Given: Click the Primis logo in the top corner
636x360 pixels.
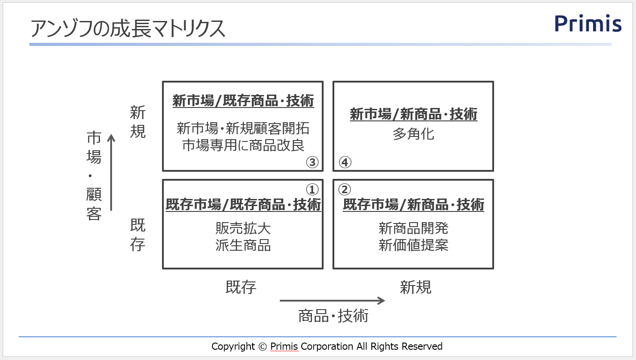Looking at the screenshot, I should coord(588,24).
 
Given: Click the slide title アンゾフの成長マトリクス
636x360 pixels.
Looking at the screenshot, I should coord(128,28).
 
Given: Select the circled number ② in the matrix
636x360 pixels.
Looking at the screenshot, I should coord(345,190).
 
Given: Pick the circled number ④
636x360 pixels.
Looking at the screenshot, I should coord(345,162).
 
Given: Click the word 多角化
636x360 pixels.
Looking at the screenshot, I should coord(413,134).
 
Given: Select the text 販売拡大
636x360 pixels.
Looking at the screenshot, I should coord(243,228).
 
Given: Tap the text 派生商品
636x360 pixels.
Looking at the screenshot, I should coord(243,245).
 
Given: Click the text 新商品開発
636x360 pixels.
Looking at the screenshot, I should coord(413,228).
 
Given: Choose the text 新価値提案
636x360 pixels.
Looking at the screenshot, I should coord(413,245).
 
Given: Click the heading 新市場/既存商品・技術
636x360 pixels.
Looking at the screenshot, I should coord(243,101).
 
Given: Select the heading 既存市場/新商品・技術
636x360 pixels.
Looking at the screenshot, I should coord(413,205).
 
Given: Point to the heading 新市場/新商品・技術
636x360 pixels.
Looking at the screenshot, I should coord(413,114).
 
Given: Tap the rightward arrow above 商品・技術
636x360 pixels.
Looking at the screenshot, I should coord(332,300).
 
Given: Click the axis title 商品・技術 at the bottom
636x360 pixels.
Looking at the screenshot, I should coord(333,316).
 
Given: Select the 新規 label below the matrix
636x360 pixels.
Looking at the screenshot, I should coord(415,288).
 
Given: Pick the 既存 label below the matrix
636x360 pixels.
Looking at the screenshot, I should coord(241,288).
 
